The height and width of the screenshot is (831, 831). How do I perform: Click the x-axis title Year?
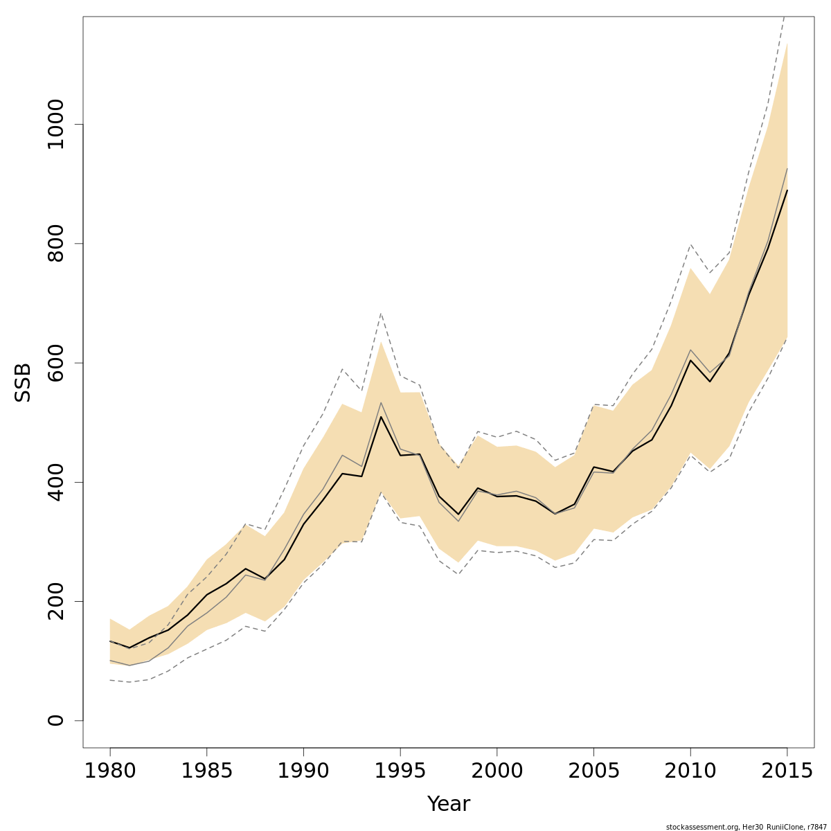coord(448,804)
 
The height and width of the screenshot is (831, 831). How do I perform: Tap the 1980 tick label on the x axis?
coord(110,771)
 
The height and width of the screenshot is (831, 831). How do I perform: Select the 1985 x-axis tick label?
coord(206,771)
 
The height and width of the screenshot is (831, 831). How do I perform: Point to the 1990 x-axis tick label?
coord(303,771)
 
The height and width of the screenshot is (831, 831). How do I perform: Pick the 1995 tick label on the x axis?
coord(400,771)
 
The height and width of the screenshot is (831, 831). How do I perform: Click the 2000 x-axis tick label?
coord(497,771)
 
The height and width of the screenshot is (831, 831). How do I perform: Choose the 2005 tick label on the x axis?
coord(593,771)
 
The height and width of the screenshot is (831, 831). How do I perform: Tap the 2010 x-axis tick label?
coord(690,771)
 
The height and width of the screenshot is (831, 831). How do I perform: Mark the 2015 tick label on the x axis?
coord(787,771)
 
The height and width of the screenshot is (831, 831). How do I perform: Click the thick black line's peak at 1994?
coord(381,417)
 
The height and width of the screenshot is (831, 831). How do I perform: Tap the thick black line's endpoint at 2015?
coord(787,190)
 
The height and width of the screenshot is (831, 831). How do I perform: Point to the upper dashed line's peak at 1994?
coord(381,314)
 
